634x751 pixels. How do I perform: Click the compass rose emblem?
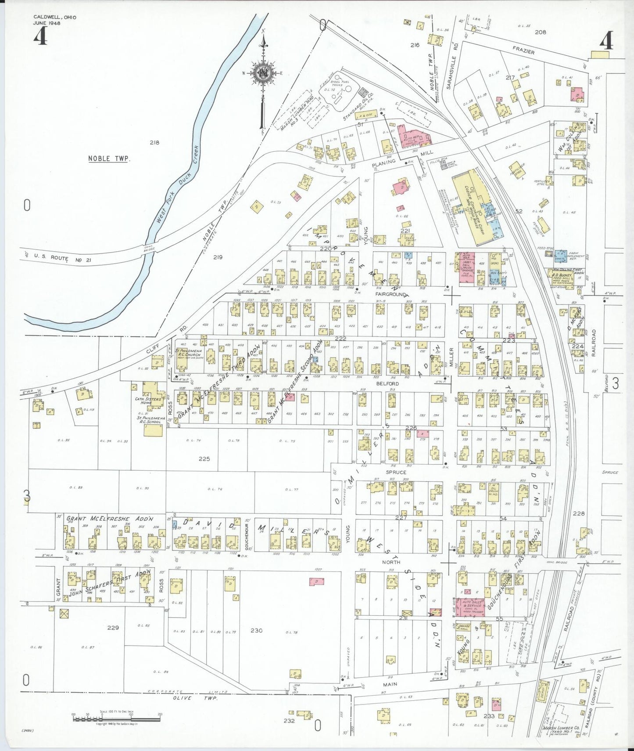click(x=263, y=72)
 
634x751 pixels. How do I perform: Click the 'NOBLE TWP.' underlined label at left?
click(x=108, y=159)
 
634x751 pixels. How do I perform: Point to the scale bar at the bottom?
click(x=116, y=719)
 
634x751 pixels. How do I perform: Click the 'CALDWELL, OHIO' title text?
click(x=54, y=17)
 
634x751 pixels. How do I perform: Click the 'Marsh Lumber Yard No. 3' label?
click(x=298, y=113)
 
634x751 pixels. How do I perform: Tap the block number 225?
click(x=204, y=459)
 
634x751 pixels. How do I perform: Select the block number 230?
click(x=256, y=631)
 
